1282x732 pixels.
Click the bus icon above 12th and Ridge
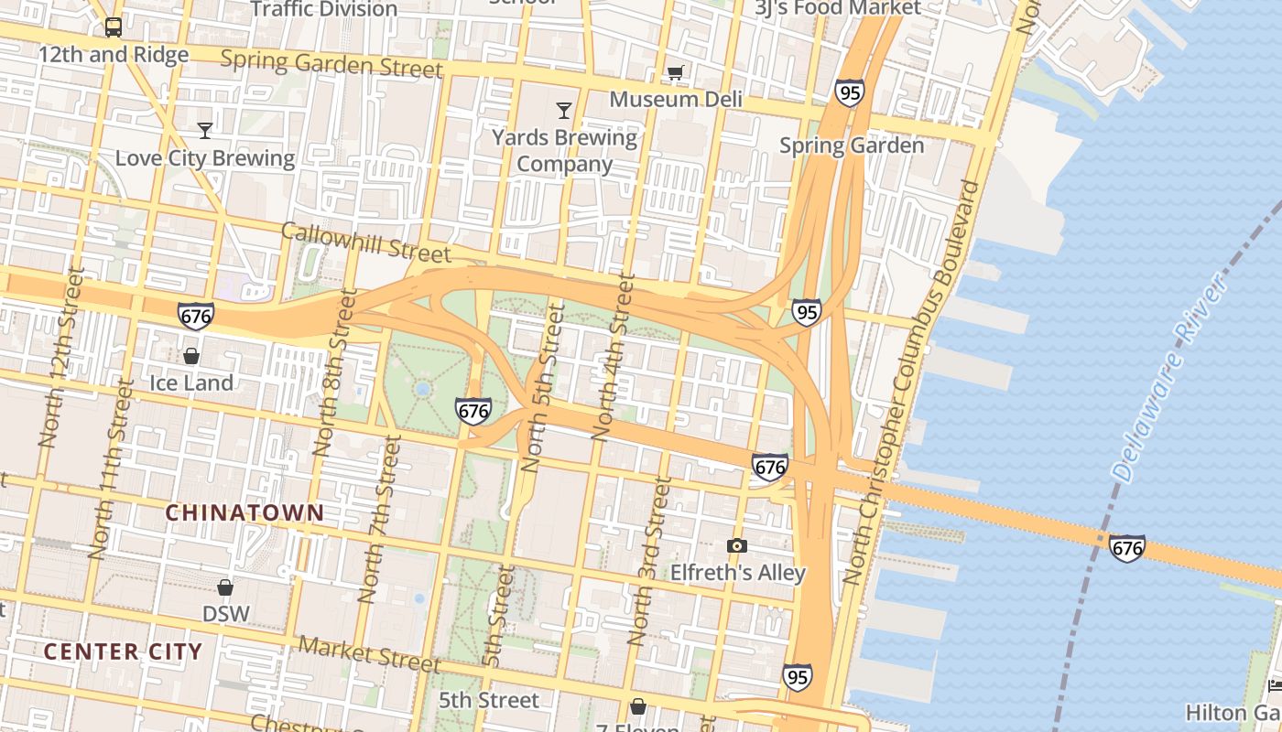pos(114,27)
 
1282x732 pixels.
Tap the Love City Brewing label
pos(204,158)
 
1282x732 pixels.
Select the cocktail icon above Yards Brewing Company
pos(563,111)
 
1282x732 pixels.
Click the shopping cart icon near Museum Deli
pos(675,72)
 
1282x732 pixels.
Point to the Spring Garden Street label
pos(331,64)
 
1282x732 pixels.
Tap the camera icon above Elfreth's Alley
pos(736,546)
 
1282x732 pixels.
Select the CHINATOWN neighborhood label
pos(244,512)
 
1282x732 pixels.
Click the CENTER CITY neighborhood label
pos(123,651)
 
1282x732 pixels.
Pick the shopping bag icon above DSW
pos(225,587)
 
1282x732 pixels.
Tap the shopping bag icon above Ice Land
pos(191,356)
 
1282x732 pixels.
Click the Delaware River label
pos(1169,377)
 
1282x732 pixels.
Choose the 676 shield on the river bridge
pos(1126,547)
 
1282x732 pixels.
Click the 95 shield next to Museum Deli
pos(849,92)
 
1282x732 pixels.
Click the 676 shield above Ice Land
pos(196,317)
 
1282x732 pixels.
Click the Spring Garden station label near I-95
pos(851,145)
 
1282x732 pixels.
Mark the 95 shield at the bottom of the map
pos(797,677)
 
